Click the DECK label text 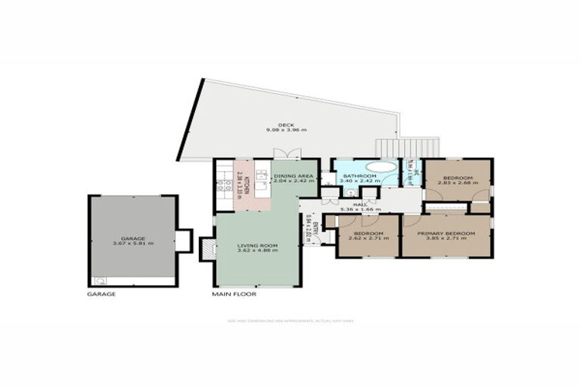tap(285, 125)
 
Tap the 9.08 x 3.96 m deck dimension tap(285, 131)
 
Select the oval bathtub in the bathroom tap(381, 166)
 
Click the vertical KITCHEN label tap(246, 183)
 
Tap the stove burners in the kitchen tap(222, 184)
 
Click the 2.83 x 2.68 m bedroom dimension tap(458, 184)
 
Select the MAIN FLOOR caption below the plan tap(234, 294)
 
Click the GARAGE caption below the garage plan tap(101, 294)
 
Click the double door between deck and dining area tap(288, 153)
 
